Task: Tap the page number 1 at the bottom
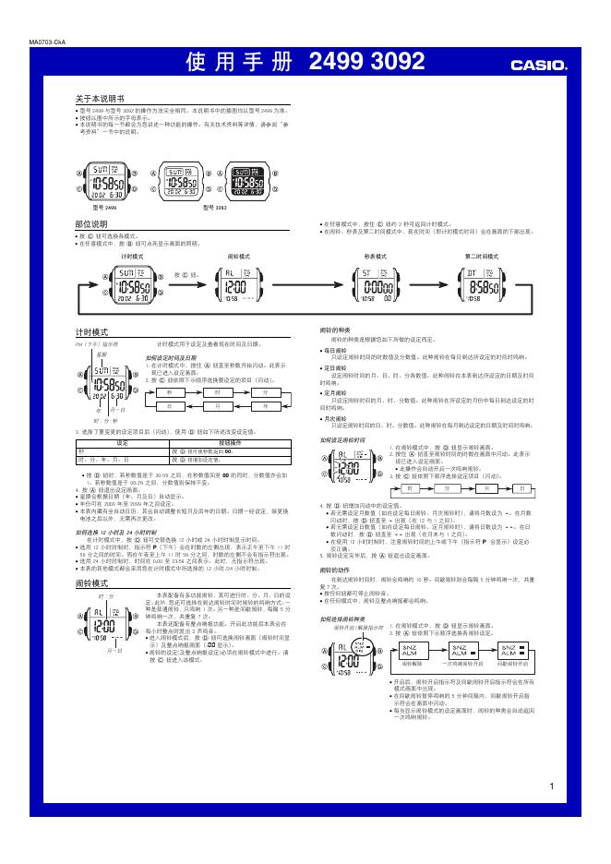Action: click(550, 786)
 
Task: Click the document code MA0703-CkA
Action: click(47, 43)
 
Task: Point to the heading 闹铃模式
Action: click(92, 583)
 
